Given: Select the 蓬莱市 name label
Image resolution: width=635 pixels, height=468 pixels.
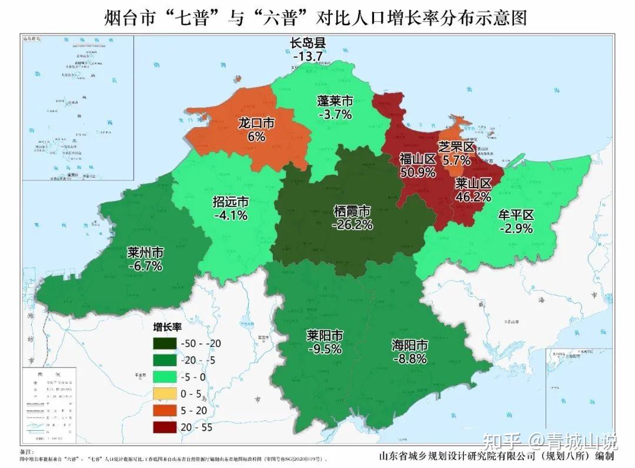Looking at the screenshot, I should (335, 101).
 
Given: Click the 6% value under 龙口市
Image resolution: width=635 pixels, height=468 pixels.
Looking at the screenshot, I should (256, 136).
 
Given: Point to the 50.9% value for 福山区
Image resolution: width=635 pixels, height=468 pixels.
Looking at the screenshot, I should (417, 172).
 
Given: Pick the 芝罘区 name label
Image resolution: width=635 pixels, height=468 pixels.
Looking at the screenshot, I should (456, 146).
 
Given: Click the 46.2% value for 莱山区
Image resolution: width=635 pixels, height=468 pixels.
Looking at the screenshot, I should (473, 196).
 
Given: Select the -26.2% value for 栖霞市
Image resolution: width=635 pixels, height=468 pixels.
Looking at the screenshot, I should (352, 225).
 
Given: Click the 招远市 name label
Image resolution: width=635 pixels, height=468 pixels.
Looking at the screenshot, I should (230, 202).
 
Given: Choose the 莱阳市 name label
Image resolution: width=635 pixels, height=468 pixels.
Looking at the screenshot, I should (325, 335).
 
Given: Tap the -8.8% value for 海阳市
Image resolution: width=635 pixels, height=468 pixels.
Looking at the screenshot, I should (409, 358).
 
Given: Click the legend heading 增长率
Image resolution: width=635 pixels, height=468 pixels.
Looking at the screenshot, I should (166, 327).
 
